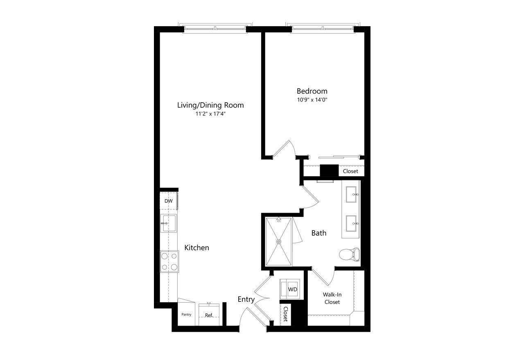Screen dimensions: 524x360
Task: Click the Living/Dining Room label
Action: [210, 105]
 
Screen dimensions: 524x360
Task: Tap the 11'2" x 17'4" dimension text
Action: [210, 114]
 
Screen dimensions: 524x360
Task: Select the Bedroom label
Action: [312, 91]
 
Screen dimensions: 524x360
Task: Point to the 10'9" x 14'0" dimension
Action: [312, 100]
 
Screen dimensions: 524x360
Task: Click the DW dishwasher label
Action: [168, 201]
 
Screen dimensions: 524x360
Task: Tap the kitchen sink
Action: [168, 223]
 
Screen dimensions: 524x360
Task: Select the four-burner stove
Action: [169, 261]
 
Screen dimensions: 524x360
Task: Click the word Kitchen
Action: [196, 248]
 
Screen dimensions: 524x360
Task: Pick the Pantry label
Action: [186, 315]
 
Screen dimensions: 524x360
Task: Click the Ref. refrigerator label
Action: [209, 315]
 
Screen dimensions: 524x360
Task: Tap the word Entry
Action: [246, 299]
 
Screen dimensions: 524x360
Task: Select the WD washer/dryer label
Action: [293, 289]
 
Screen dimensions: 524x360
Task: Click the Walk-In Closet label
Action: [332, 298]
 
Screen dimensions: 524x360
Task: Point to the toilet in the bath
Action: [350, 254]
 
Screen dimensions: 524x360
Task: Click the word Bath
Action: [319, 233]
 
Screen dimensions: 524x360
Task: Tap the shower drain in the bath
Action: [279, 242]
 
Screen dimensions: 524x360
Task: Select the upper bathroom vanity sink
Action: [352, 194]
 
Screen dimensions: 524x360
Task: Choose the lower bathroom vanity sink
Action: [352, 223]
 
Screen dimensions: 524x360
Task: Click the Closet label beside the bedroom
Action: [350, 171]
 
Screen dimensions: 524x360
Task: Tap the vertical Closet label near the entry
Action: [285, 314]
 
